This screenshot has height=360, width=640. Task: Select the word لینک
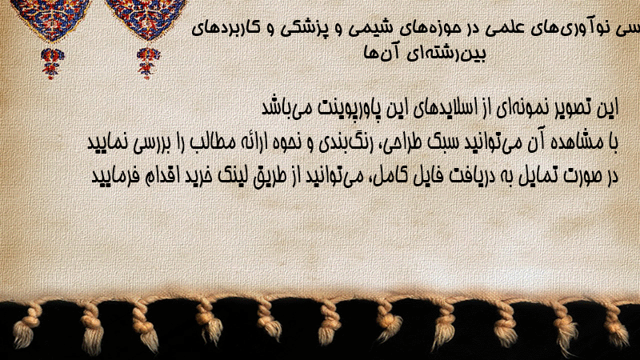(x=229, y=176)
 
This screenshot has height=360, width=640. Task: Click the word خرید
(x=198, y=176)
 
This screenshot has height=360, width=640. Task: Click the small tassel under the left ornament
(x=52, y=63)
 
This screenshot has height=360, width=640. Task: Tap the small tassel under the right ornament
(x=148, y=63)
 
